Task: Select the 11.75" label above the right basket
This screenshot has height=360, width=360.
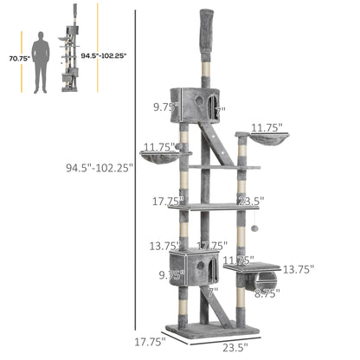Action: [x=266, y=127]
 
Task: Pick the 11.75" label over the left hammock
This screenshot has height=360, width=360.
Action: [x=161, y=146]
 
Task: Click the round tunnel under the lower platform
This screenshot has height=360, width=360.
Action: [x=267, y=281]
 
